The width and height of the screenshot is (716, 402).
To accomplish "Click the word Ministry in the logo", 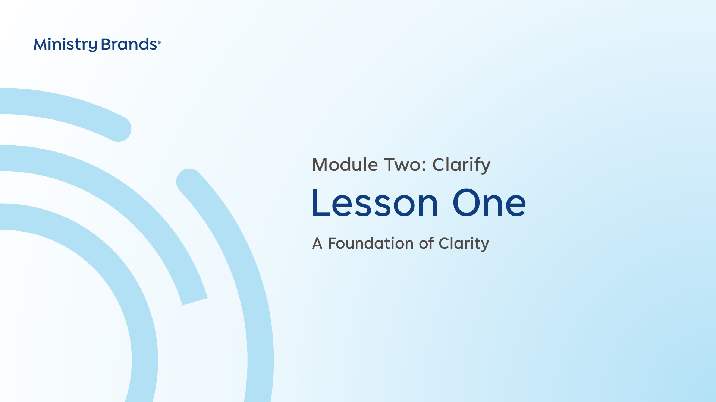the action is [x=65, y=45].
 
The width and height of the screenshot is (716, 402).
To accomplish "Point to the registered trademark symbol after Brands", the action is [x=159, y=42].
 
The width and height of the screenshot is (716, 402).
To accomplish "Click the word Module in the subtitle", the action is [x=345, y=165].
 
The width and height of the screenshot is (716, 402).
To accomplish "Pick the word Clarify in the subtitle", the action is [x=461, y=165].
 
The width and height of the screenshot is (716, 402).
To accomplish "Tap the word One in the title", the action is [x=489, y=203].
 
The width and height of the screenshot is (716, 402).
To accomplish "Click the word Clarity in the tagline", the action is [x=464, y=244].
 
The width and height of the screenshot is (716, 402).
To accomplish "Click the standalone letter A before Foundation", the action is [x=317, y=244].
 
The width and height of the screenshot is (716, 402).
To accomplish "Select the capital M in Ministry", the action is [x=41, y=45].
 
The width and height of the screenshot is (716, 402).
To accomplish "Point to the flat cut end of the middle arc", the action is [x=195, y=301].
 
